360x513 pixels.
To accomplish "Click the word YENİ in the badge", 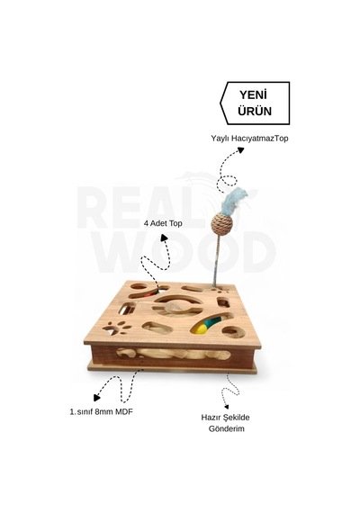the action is click(x=254, y=94).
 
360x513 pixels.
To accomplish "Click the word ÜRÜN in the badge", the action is click(x=255, y=111).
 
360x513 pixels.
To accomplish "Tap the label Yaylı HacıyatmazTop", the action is click(x=249, y=139).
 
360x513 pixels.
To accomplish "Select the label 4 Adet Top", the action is click(x=163, y=223).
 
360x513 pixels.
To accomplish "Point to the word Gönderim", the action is click(x=227, y=428).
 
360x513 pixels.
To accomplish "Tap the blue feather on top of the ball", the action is click(x=234, y=200).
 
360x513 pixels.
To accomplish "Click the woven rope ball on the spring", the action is click(x=222, y=224).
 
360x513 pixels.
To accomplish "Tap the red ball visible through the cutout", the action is click(x=148, y=295).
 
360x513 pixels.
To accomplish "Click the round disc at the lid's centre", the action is click(x=174, y=308).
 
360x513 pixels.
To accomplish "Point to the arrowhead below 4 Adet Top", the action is click(x=164, y=238).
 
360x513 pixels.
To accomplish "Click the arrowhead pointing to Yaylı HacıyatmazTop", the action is click(x=240, y=150).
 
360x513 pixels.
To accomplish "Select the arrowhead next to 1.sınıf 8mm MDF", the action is click(x=96, y=398).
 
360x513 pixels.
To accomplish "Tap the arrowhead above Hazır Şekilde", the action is click(x=226, y=407).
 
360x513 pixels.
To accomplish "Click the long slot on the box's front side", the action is click(x=174, y=355).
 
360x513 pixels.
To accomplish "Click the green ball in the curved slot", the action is click(x=210, y=324).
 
